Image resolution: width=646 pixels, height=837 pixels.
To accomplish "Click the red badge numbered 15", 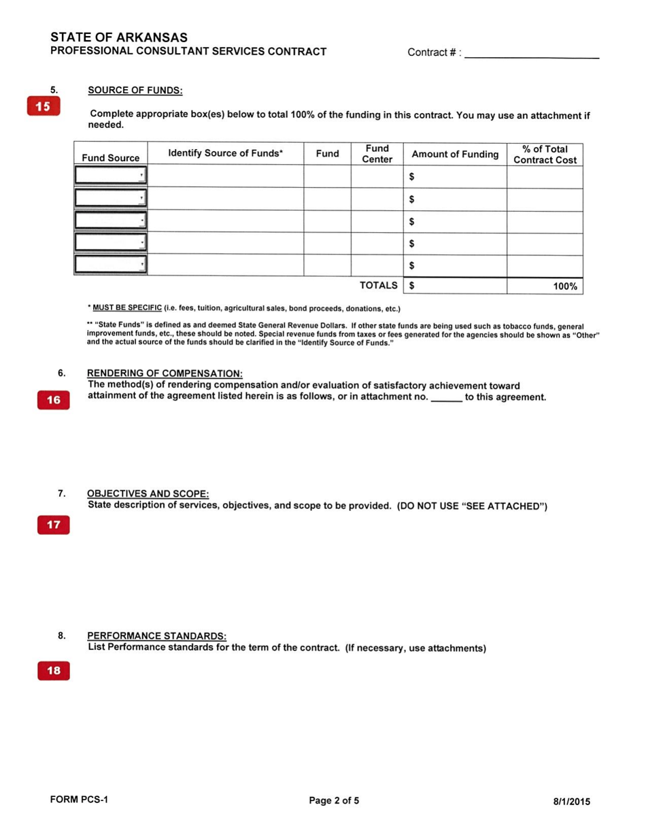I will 43,107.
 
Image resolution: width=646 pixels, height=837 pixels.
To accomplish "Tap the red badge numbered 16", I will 53,401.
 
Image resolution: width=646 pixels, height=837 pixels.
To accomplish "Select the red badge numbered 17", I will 53,525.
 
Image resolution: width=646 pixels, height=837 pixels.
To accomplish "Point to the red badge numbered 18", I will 53,671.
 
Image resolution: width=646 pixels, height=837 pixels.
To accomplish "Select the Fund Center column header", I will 377,154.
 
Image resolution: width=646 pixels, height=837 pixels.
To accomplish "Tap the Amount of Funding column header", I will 455,154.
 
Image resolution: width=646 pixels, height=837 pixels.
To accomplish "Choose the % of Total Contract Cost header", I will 545,154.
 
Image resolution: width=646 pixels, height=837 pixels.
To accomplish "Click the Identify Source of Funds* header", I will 225,154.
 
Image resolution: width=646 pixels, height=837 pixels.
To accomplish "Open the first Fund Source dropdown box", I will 111,176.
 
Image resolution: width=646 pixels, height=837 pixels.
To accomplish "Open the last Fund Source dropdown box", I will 111,265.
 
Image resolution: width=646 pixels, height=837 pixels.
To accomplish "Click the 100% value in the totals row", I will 564,286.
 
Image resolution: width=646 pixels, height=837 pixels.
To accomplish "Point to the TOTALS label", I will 378,286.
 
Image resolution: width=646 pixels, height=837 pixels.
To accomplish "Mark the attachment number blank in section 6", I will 447,398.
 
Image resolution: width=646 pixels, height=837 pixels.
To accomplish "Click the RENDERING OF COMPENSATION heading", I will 165,374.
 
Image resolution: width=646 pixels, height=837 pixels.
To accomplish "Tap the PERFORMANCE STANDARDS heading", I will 156,636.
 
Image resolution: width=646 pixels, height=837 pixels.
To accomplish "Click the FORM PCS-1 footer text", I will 80,800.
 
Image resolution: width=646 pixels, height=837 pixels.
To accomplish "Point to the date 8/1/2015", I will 572,802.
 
